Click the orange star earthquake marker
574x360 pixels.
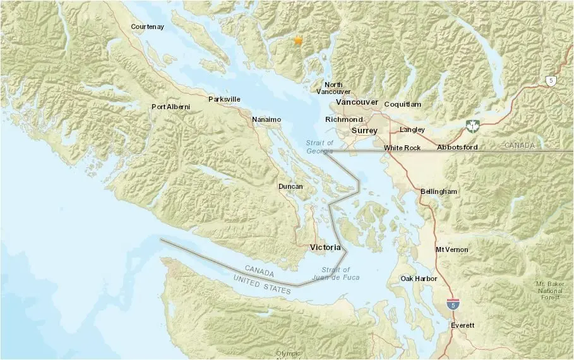[x=298, y=40]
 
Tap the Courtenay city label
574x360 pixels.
[x=147, y=27]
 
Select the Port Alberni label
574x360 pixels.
[x=170, y=107]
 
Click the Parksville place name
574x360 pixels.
[x=224, y=99]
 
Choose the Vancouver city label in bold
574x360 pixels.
[x=357, y=102]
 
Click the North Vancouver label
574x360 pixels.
[x=333, y=88]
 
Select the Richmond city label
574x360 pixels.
[x=344, y=119]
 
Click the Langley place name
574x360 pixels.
[x=412, y=130]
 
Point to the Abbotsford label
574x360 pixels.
[x=457, y=148]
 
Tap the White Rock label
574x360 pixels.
[x=402, y=148]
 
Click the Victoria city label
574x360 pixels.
[x=326, y=247]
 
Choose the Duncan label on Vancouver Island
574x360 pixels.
[x=290, y=186]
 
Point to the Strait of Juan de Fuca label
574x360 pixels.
[x=331, y=274]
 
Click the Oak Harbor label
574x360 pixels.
[x=417, y=279]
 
